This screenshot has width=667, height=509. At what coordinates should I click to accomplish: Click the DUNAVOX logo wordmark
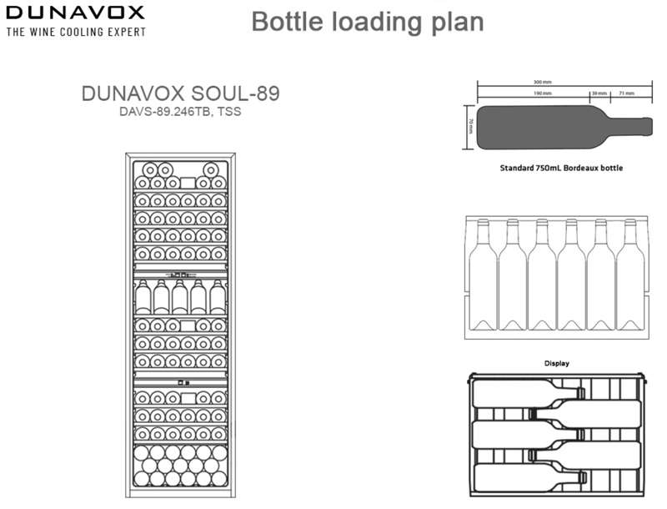(x=75, y=13)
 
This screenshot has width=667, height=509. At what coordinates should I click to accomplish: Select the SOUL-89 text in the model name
(x=237, y=93)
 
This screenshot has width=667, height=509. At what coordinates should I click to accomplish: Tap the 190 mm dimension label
(x=542, y=93)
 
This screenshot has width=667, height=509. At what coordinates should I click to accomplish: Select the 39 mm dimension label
(x=598, y=93)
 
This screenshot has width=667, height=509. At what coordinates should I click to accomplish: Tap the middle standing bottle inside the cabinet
(x=178, y=297)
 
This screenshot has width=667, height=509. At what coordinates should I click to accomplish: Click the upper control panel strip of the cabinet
(x=178, y=273)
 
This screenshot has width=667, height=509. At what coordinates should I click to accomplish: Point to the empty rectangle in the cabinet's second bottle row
(x=188, y=182)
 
